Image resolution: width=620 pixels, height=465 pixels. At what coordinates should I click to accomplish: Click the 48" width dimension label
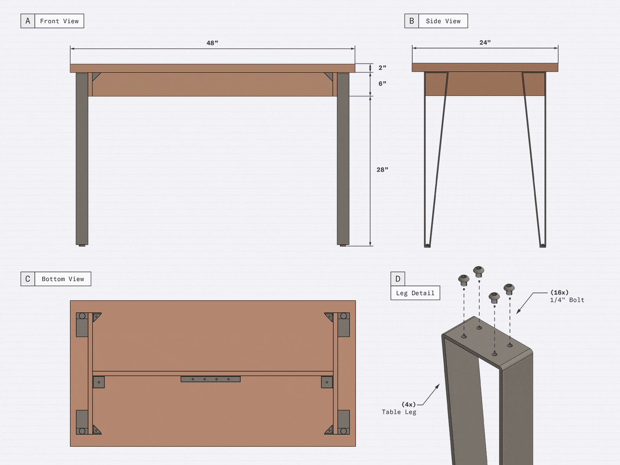tap(212, 43)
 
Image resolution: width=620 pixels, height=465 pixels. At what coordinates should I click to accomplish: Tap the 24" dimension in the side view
tap(485, 43)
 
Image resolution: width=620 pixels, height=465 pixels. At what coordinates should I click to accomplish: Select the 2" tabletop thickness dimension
tap(382, 68)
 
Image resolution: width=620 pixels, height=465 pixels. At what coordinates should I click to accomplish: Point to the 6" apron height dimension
tap(382, 84)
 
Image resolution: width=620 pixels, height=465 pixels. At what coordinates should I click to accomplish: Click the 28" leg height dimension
tap(382, 170)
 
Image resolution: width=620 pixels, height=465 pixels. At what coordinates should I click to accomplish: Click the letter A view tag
tap(28, 21)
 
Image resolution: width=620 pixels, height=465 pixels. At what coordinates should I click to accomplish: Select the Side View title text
tap(443, 21)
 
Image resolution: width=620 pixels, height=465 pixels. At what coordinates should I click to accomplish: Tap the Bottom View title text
tap(63, 279)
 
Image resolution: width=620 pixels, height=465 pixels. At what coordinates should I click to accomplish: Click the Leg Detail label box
tap(415, 293)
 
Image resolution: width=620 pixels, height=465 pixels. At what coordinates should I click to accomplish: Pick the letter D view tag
tap(398, 279)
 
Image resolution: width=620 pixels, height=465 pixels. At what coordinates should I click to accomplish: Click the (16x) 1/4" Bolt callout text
tap(567, 296)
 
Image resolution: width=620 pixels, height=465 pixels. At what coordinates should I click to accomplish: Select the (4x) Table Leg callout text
tap(399, 408)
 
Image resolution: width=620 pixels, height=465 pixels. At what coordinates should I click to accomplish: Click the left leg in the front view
tap(82, 159)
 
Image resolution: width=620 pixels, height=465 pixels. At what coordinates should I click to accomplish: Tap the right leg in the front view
tap(343, 159)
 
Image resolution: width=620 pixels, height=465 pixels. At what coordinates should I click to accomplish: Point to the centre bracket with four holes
tap(210, 379)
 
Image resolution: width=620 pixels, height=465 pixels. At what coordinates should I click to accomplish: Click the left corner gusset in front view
tap(96, 76)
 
